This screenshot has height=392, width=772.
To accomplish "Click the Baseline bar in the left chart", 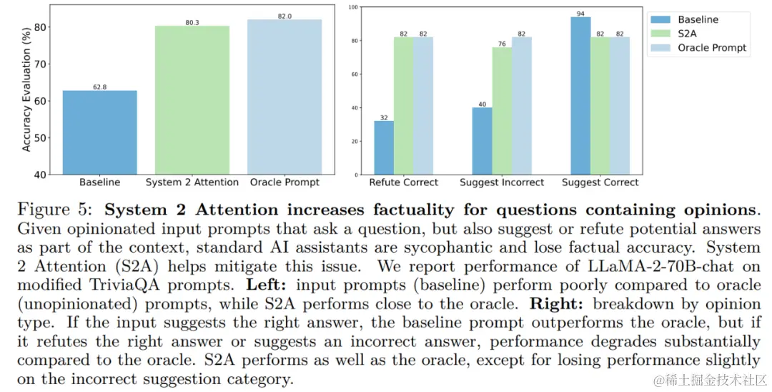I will point(99,132).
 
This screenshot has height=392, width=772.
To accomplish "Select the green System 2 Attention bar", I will point(192,100).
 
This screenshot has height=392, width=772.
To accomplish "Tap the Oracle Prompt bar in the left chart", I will point(285,97).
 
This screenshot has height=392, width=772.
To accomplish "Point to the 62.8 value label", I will point(99,87).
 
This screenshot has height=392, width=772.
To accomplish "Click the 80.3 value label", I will point(192,22).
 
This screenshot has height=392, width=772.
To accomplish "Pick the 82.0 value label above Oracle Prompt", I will point(285,16).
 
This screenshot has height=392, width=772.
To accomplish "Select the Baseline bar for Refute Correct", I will point(383,147).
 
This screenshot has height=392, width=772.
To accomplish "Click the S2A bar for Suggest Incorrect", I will point(502,111).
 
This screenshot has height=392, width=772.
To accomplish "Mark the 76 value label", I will point(502,43).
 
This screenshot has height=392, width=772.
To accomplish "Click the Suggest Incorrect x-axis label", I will point(501,182).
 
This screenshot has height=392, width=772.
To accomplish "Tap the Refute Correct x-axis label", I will point(403,182).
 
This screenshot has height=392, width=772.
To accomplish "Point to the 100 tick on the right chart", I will point(353,6).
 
